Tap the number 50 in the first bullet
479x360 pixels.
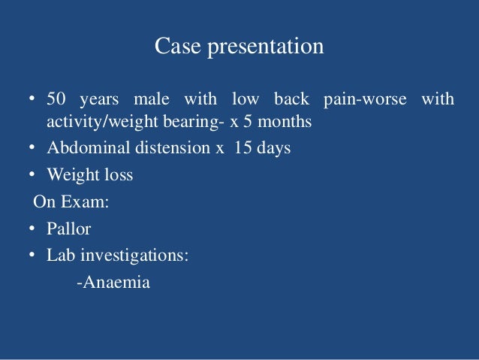pos(57,99)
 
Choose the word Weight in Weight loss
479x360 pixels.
pos(70,175)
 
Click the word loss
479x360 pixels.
pos(117,175)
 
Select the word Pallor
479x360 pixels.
pos(68,229)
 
